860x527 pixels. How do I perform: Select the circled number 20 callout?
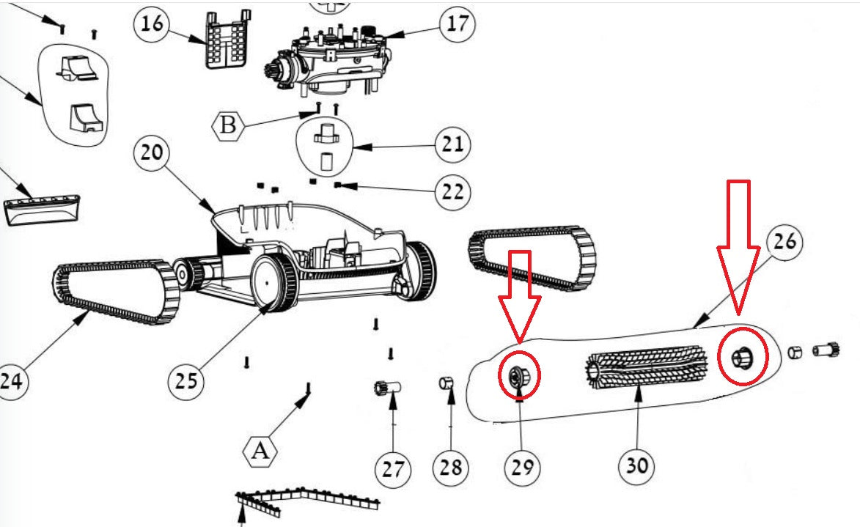point(152,155)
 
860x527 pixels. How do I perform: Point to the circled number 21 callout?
point(452,144)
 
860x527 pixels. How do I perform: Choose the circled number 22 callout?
point(452,192)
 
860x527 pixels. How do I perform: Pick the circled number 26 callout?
point(784,243)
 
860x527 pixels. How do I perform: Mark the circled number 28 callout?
point(450,466)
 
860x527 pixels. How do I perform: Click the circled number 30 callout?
point(636,465)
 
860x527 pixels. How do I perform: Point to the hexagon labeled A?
point(261,449)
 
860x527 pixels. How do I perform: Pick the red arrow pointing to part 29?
point(519,293)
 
